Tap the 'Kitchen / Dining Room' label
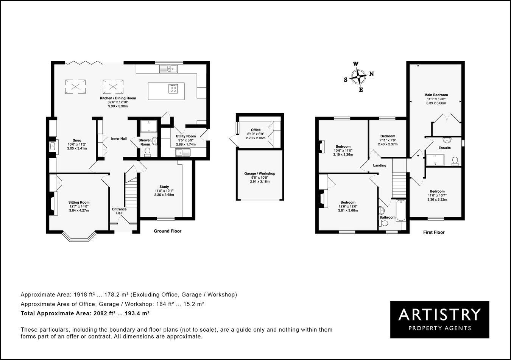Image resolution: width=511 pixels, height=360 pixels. [x=118, y=98]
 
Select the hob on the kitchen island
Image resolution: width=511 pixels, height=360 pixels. [x=173, y=89]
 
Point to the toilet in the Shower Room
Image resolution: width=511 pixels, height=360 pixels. [x=147, y=151]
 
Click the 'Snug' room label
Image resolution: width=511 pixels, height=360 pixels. [x=77, y=140]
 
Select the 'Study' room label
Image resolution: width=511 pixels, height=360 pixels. [x=164, y=187]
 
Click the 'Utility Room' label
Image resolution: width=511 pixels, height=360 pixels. [x=185, y=136]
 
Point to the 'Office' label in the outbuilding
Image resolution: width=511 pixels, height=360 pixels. [x=256, y=130]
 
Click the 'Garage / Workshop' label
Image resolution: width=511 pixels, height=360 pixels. [x=260, y=173]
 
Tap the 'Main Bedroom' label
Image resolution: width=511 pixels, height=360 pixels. [x=436, y=95]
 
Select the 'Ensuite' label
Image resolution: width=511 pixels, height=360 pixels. [x=444, y=148]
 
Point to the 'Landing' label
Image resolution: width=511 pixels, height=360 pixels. [x=380, y=165]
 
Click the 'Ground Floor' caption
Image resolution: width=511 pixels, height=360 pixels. [x=168, y=231]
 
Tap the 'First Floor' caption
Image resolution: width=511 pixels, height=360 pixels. [x=434, y=232]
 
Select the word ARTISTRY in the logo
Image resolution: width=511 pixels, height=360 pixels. [x=439, y=314]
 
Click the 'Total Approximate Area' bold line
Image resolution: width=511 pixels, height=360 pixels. [x=85, y=313]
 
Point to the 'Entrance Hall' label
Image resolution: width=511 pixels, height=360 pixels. [x=119, y=211]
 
